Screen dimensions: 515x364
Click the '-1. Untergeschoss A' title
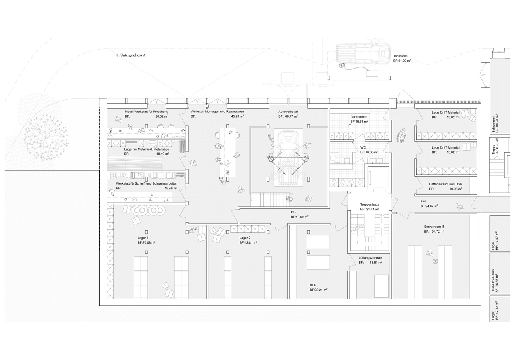tap(130, 55)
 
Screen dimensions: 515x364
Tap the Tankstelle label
tap(400, 56)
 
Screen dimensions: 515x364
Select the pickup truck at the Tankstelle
tap(363, 53)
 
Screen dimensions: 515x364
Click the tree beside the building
tap(46, 137)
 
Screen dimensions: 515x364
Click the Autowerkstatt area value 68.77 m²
tap(292, 116)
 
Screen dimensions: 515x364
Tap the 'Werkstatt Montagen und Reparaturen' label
tap(217, 112)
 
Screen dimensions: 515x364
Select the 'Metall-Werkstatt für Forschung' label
tap(147, 112)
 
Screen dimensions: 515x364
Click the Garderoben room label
tap(359, 117)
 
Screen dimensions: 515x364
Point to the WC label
tap(363, 147)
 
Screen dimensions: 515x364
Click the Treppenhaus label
tap(370, 204)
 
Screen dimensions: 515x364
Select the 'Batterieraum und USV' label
tap(446, 184)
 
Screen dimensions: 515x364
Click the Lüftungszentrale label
tap(370, 258)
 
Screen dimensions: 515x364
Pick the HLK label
tap(313, 285)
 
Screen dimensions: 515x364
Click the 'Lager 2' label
tap(245, 238)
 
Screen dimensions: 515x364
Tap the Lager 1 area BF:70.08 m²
tap(147, 242)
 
